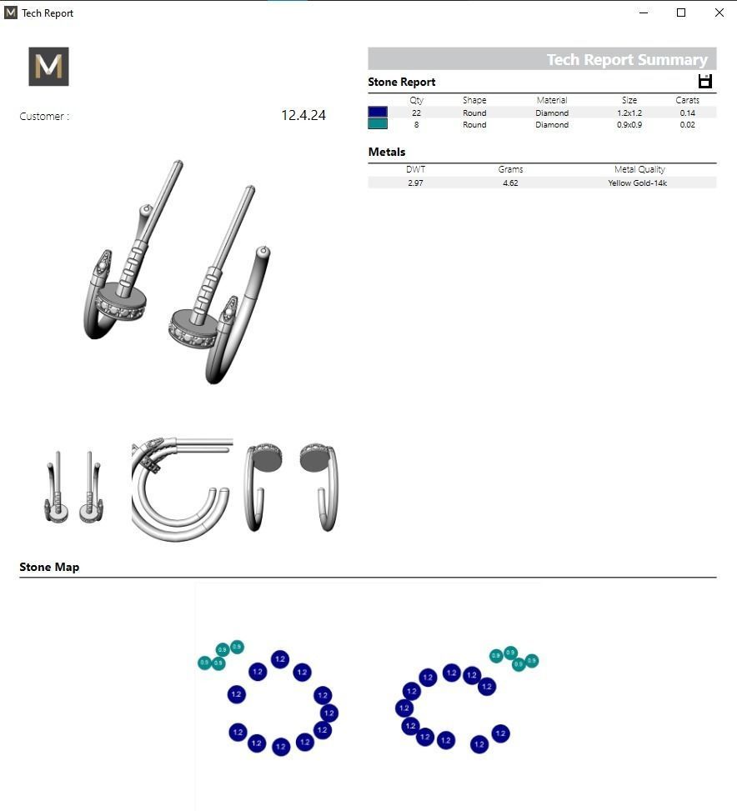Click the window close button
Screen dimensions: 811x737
[x=719, y=13]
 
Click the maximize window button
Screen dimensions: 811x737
[x=681, y=13]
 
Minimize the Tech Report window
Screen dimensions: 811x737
[x=644, y=13]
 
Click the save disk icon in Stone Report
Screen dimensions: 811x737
[x=705, y=81]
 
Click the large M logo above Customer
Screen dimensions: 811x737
[x=48, y=67]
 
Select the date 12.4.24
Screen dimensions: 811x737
[x=303, y=116]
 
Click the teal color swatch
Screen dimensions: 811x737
[x=378, y=124]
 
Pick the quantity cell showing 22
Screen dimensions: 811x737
[x=416, y=113]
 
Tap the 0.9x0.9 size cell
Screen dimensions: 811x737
[x=629, y=125]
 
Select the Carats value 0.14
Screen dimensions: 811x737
[x=687, y=113]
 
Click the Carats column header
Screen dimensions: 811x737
[x=687, y=100]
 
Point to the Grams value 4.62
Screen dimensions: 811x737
[x=510, y=183]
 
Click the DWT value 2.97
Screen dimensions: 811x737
[x=415, y=183]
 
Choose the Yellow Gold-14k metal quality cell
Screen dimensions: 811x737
[x=638, y=183]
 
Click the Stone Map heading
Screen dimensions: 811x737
[x=49, y=567]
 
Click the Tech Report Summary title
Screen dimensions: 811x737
[x=627, y=59]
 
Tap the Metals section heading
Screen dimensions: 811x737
[x=387, y=152]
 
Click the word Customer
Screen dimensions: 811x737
[x=42, y=117]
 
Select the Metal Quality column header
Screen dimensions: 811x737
[x=639, y=169]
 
